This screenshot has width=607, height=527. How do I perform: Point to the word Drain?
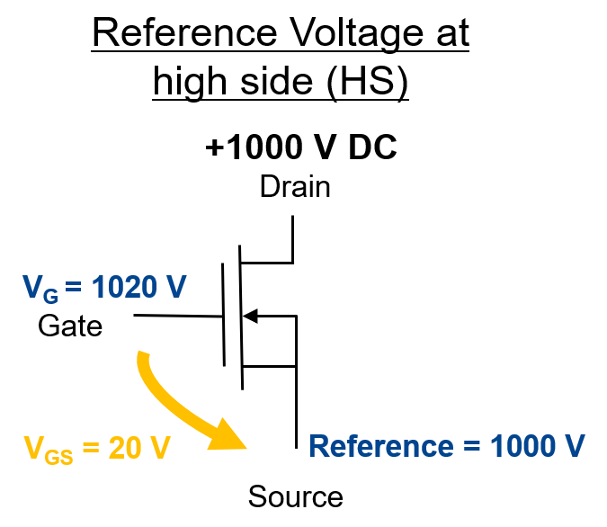295,187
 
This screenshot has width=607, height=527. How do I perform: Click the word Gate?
70,326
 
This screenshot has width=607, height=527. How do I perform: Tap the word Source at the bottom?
295,496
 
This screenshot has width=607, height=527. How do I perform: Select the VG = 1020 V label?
103,290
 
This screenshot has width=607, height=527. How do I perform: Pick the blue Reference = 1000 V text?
447,445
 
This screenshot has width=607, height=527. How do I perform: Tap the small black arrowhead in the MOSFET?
252,316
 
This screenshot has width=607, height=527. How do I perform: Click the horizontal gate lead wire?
178,316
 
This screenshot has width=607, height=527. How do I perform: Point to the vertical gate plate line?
223,315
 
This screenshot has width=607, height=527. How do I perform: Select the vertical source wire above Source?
296,405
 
